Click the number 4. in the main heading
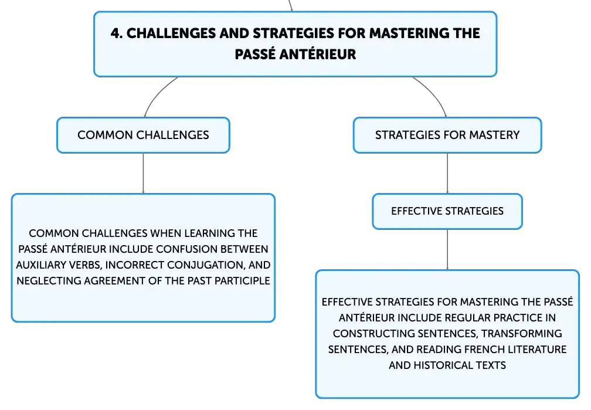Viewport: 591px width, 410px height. pos(117,33)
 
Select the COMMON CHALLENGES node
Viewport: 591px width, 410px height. pos(143,135)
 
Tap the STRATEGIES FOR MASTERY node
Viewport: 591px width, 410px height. pos(447,135)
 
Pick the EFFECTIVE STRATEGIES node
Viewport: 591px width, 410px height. pos(447,211)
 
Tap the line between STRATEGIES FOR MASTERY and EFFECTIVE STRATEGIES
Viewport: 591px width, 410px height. pos(447,174)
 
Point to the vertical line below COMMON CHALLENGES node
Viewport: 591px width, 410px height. pos(143,174)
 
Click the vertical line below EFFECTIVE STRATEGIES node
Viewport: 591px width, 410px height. pos(447,250)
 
